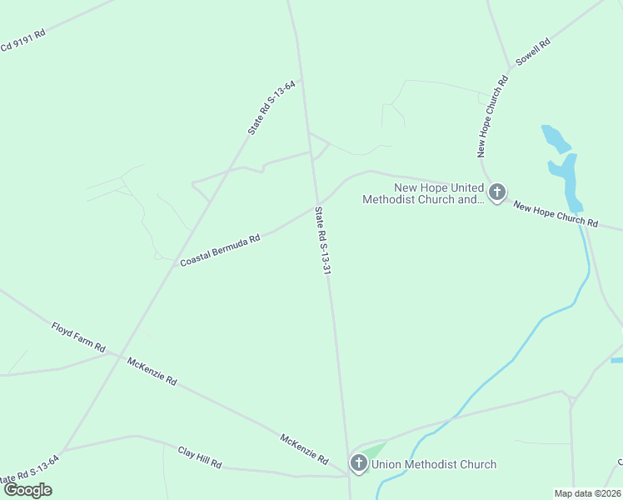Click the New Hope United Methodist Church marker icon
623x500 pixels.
pyautogui.click(x=496, y=193)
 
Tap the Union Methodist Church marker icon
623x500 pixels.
pyautogui.click(x=359, y=463)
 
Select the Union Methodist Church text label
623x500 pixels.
pyautogui.click(x=434, y=464)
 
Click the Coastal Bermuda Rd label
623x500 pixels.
pyautogui.click(x=221, y=250)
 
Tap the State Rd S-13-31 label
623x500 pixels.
pyautogui.click(x=322, y=242)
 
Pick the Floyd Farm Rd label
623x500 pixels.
pyautogui.click(x=78, y=337)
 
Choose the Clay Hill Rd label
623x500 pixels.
pyautogui.click(x=200, y=457)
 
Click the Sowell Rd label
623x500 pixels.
pyautogui.click(x=534, y=52)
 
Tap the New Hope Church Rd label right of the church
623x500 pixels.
pyautogui.click(x=556, y=214)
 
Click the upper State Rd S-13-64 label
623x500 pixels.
pyautogui.click(x=272, y=107)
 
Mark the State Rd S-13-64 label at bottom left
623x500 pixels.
pyautogui.click(x=29, y=472)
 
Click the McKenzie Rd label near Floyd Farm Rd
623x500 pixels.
pyautogui.click(x=152, y=370)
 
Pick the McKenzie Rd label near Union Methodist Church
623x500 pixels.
pyautogui.click(x=304, y=450)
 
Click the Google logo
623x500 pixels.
pyautogui.click(x=28, y=489)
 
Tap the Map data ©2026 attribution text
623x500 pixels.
pyautogui.click(x=588, y=493)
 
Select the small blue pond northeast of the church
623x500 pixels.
pyautogui.click(x=551, y=137)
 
